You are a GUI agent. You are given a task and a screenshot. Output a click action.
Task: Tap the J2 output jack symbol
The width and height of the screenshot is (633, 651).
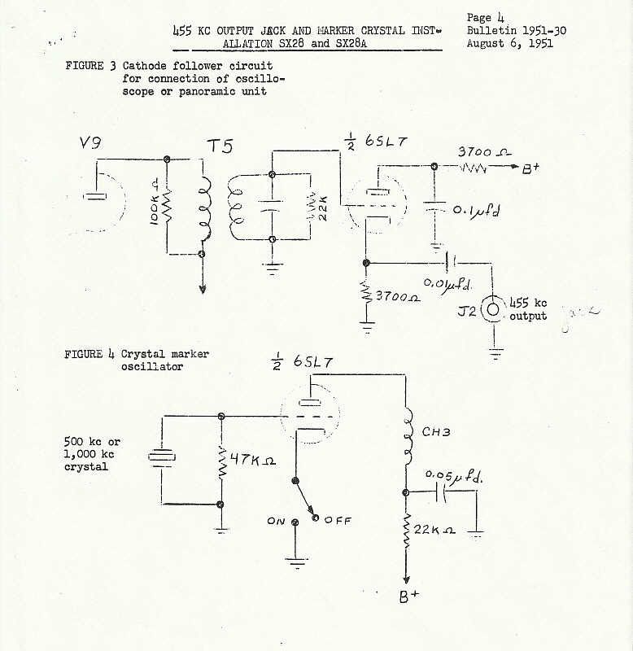click(491, 309)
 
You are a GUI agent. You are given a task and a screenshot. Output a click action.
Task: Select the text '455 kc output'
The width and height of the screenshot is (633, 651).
click(528, 310)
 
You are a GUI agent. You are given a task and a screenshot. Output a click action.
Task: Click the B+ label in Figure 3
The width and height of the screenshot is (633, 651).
click(531, 171)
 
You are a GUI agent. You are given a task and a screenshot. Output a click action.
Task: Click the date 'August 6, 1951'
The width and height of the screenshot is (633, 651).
click(509, 43)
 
